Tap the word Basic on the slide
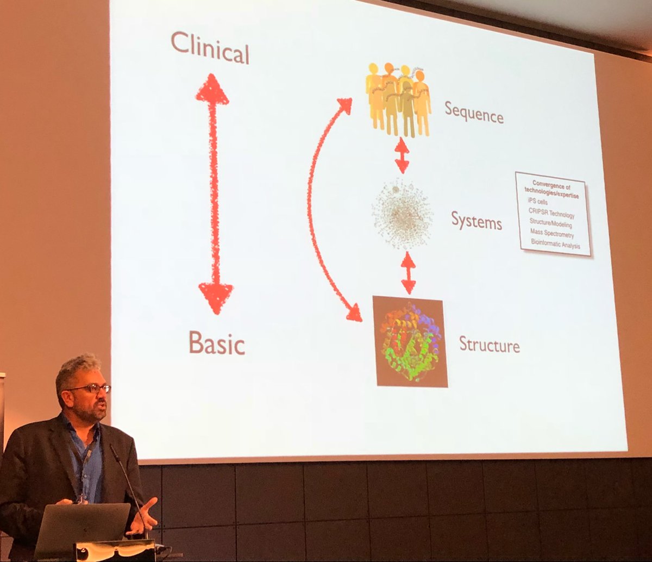[x=217, y=343]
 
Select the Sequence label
[x=474, y=113]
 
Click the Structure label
[x=489, y=345]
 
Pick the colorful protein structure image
[x=410, y=342]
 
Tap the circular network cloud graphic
[x=402, y=214]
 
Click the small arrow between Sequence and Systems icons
[x=402, y=155]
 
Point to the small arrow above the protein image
[x=408, y=273]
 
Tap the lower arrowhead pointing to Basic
[x=216, y=297]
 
